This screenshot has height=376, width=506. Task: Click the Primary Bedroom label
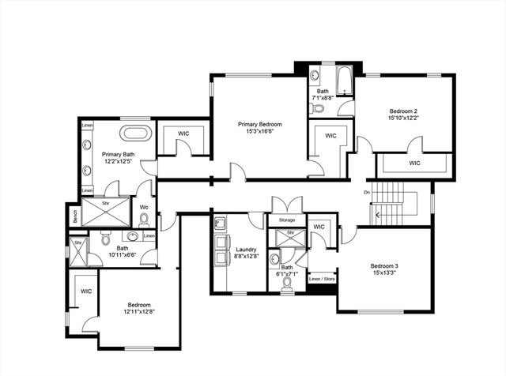click(260, 124)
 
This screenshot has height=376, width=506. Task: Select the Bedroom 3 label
click(384, 266)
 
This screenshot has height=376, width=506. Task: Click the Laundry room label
click(246, 248)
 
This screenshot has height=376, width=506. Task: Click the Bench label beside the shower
click(75, 216)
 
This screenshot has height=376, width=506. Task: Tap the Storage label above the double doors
click(286, 220)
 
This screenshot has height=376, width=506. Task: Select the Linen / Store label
click(321, 279)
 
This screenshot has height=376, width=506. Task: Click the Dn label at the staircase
click(367, 192)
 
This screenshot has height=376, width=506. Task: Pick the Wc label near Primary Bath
click(144, 209)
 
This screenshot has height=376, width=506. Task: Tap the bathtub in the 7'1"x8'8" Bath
click(345, 81)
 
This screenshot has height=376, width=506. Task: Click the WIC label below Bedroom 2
click(414, 164)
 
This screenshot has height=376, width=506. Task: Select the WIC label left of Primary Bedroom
click(183, 133)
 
